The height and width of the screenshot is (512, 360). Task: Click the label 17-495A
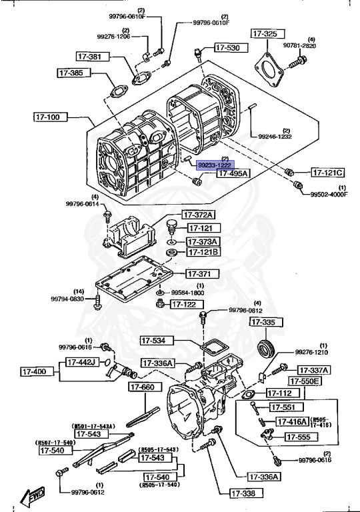232,173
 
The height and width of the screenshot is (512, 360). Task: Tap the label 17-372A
200,215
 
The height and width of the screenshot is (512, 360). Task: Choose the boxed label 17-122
185,304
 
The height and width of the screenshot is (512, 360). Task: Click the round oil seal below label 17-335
267,349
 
